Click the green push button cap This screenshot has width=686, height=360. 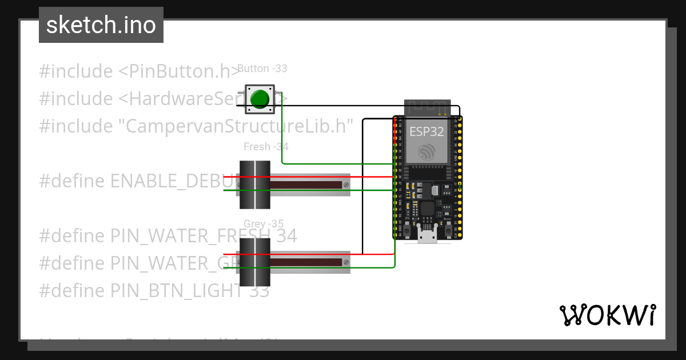click(x=260, y=98)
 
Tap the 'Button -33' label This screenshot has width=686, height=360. click(x=262, y=69)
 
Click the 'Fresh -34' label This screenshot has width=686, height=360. click(x=266, y=147)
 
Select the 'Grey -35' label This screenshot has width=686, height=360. click(x=263, y=223)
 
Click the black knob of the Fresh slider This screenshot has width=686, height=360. click(x=254, y=185)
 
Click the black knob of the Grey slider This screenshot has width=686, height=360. click(x=254, y=262)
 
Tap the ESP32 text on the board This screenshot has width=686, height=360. click(x=426, y=132)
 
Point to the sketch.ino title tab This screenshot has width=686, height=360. click(x=101, y=25)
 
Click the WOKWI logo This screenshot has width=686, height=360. click(x=607, y=315)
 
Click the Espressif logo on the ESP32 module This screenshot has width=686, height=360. click(x=427, y=152)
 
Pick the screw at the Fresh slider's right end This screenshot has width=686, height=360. click(x=346, y=185)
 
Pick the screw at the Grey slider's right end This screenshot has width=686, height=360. click(x=346, y=262)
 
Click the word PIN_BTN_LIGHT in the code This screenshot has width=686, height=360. click(x=177, y=291)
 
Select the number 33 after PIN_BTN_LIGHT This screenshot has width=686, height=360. click(x=259, y=291)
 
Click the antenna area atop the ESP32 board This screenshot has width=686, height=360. click(x=427, y=107)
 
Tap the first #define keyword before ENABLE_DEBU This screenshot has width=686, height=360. click(x=72, y=181)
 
